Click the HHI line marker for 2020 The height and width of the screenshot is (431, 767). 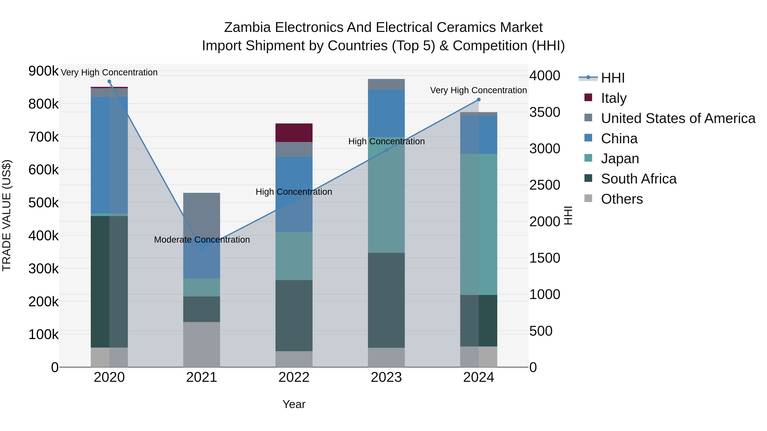pos(109,82)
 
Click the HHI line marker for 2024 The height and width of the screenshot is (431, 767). pos(479,100)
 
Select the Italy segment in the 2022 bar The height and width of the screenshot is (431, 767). pos(294,133)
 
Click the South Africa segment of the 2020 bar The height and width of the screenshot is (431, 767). pos(109,281)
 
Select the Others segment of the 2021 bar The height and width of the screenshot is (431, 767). pos(202,344)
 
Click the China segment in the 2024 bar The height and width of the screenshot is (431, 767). pos(479,135)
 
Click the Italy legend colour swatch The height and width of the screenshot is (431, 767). pos(588,97)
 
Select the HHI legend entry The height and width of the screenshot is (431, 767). pos(613,78)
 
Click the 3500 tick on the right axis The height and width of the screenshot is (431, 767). pos(545,112)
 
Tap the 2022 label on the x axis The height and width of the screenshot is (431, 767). pos(294,377)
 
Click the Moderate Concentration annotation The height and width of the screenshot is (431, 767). pos(202,239)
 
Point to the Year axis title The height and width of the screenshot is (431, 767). pos(294,404)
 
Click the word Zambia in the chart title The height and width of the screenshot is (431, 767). pos(247,27)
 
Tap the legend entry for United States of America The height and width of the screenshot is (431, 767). pos(678,118)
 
